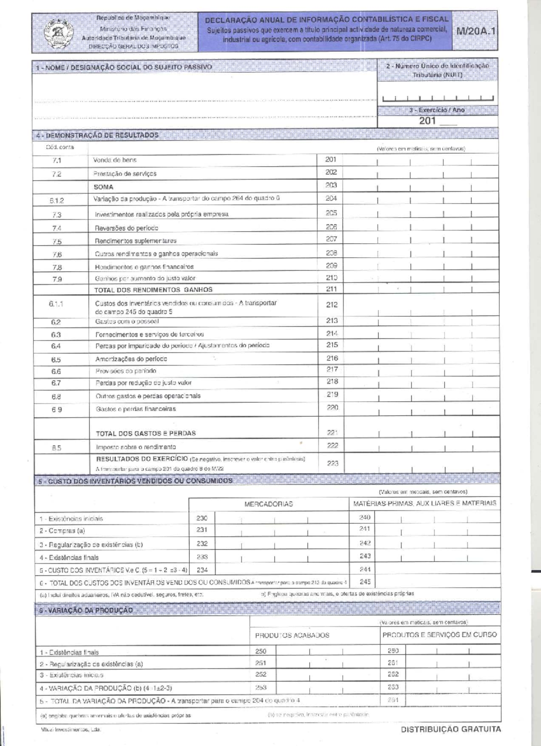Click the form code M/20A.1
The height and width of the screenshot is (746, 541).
pos(476,32)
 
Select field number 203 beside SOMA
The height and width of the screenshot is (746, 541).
pos(331,185)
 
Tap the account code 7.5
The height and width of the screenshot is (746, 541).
pos(57,242)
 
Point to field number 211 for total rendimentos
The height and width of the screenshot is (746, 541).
pos(331,289)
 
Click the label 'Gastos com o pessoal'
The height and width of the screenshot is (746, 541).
pos(127,322)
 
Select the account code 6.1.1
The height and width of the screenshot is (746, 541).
pos(56,304)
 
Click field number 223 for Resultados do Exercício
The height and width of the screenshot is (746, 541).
pos(332,463)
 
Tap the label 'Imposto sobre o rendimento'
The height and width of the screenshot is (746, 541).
pos(136,447)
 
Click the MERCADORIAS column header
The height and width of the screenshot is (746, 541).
pos(269,504)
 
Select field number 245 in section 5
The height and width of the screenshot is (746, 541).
pos(365,582)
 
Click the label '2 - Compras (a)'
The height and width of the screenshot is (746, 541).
pos(62,531)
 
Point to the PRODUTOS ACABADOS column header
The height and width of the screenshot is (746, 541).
pos(292,635)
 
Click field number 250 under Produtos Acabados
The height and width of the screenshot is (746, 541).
pos(261,651)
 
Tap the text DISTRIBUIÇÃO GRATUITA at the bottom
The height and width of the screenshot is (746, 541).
pos(450,729)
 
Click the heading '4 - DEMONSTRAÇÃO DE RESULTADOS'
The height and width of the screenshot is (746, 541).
pos(97,135)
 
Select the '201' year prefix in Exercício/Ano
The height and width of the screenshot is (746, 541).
pos(427,120)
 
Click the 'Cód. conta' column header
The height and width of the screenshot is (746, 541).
pos(60,147)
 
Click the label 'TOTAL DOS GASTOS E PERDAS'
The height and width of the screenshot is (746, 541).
pos(146,433)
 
